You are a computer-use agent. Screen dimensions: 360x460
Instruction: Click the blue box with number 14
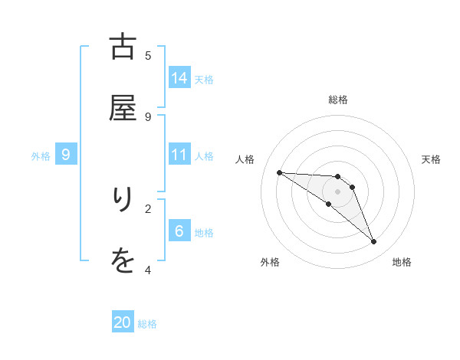tap(179, 77)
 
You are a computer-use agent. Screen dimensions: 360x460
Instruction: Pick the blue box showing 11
tap(179, 155)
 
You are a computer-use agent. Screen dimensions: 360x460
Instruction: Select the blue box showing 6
tap(179, 231)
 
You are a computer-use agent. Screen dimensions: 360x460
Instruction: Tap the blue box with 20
tap(123, 322)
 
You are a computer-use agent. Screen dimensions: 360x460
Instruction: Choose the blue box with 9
tap(66, 155)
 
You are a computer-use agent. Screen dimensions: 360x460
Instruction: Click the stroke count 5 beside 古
tap(148, 55)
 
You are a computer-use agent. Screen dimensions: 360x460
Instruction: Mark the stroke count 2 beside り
tap(148, 208)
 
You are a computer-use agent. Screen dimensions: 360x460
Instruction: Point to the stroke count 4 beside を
tap(148, 270)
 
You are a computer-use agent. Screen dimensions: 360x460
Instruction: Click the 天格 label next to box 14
tap(204, 79)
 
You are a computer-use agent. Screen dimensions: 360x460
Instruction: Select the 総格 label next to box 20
tap(147, 324)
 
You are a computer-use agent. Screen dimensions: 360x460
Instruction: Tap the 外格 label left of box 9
tap(41, 156)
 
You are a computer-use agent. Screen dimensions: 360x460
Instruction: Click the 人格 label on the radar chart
tap(245, 159)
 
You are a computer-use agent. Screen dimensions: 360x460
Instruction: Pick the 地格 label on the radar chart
tap(402, 262)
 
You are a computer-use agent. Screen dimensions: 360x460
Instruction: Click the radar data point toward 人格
tap(279, 172)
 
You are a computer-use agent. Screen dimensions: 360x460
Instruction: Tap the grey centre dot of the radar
tap(337, 191)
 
